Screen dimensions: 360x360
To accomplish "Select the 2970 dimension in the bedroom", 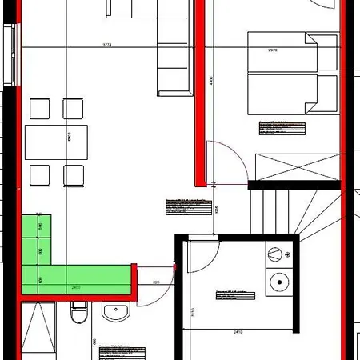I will tap(272, 50).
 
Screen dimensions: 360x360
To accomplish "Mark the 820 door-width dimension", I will tap(156, 282).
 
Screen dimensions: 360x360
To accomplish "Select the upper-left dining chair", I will tap(38, 107).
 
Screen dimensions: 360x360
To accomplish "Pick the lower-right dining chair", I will tap(74, 174).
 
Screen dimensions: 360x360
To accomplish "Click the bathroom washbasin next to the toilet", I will tap(116, 312).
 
